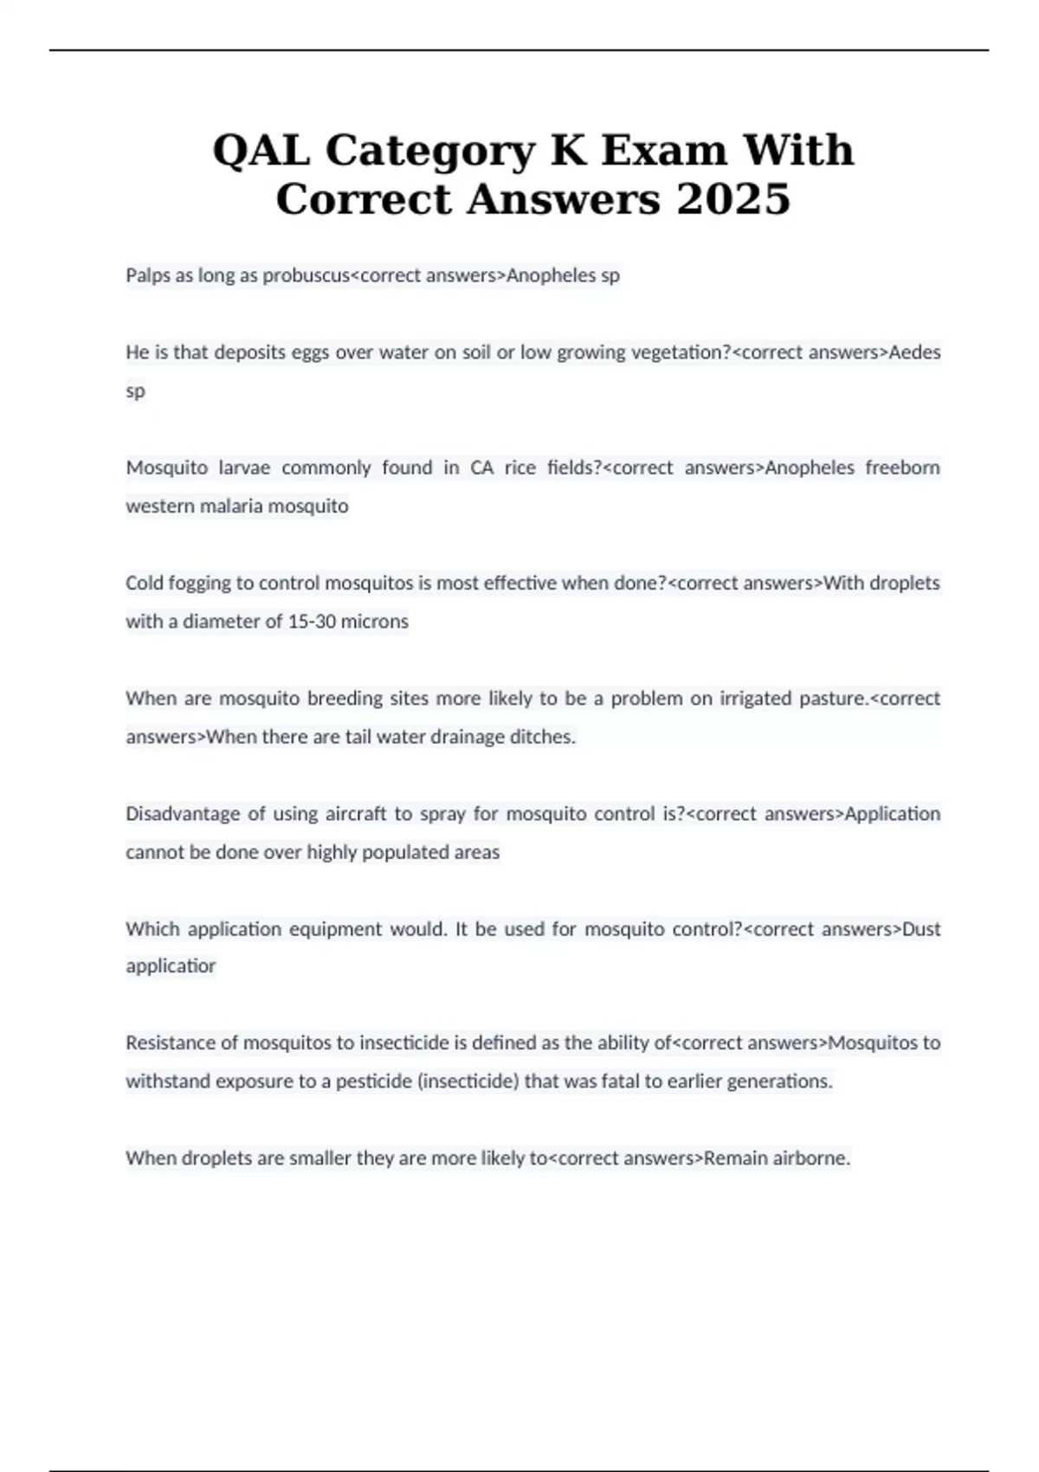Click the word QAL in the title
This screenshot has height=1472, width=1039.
coord(261,151)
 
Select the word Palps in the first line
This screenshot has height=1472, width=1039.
coord(148,275)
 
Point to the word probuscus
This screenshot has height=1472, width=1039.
coord(306,275)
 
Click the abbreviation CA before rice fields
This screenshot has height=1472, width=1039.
coord(481,468)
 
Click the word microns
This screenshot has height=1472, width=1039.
coord(375,621)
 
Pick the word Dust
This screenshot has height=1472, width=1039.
coord(921,929)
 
